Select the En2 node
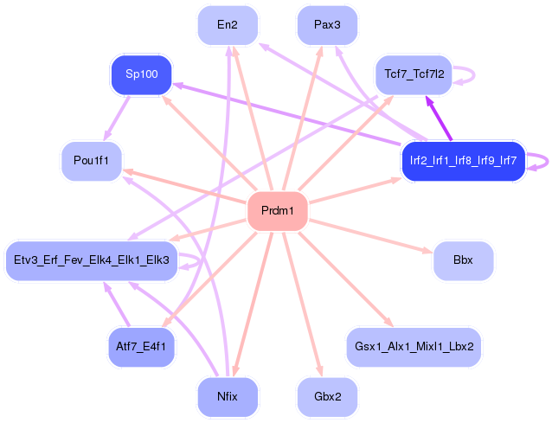[x=228, y=25]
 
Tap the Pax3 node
[x=327, y=25]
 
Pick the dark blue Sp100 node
[x=142, y=74]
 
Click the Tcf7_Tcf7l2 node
[x=414, y=74]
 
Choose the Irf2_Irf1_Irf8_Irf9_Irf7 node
[x=463, y=160]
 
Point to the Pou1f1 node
[x=92, y=160]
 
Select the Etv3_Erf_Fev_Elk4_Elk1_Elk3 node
[x=92, y=260]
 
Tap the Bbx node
[x=463, y=260]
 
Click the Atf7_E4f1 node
[x=142, y=346]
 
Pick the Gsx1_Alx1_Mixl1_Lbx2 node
[x=414, y=346]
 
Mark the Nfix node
[x=228, y=398]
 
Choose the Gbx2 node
[x=327, y=398]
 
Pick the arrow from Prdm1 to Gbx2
[x=302, y=304]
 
